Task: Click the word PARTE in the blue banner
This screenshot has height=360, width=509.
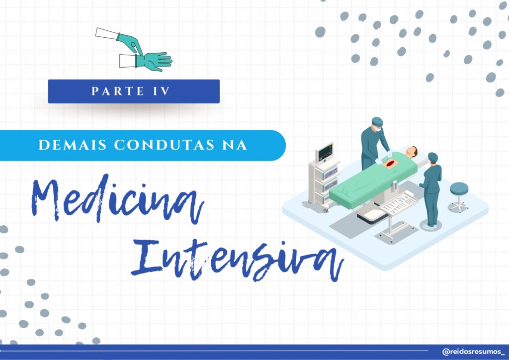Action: coord(117,91)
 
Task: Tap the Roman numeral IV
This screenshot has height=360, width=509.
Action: coord(162,91)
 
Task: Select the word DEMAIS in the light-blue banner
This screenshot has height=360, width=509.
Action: coord(73,145)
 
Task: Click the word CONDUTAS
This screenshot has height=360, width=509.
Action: coord(164,145)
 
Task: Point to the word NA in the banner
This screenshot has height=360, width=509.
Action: coord(235,145)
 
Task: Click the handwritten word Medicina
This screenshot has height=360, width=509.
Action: coord(117,199)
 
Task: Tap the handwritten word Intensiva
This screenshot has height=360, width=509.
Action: coord(237,260)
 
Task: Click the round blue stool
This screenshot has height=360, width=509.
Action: coord(459,197)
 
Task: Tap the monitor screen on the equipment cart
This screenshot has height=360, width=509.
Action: coord(325,152)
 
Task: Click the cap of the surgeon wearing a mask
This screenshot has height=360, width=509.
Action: coord(377,122)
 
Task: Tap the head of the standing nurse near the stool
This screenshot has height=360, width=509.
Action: coord(433,158)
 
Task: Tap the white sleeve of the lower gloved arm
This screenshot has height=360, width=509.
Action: coord(127,61)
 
